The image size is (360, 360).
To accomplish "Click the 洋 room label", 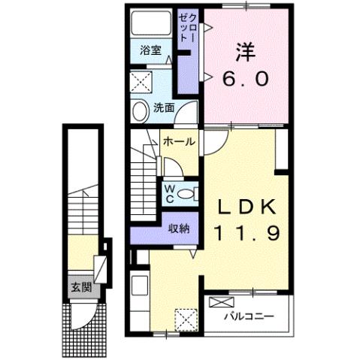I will point(246,53).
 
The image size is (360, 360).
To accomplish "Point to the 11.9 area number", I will point(245,234).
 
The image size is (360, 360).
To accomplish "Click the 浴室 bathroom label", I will point(150,51).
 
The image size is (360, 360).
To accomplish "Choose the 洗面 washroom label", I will point(165,107).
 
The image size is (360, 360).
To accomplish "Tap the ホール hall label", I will point(179,141).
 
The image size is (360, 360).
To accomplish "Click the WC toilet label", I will point(170,192).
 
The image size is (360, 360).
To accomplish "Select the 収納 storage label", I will point(178,228).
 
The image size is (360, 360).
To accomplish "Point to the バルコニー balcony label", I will point(247,316).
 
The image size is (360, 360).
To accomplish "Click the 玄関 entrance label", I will point(81,286).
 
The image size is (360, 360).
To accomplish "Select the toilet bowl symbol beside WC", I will point(188,193).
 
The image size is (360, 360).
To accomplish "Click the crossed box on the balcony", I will point(222,303).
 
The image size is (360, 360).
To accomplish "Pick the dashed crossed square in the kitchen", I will point(185,319).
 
